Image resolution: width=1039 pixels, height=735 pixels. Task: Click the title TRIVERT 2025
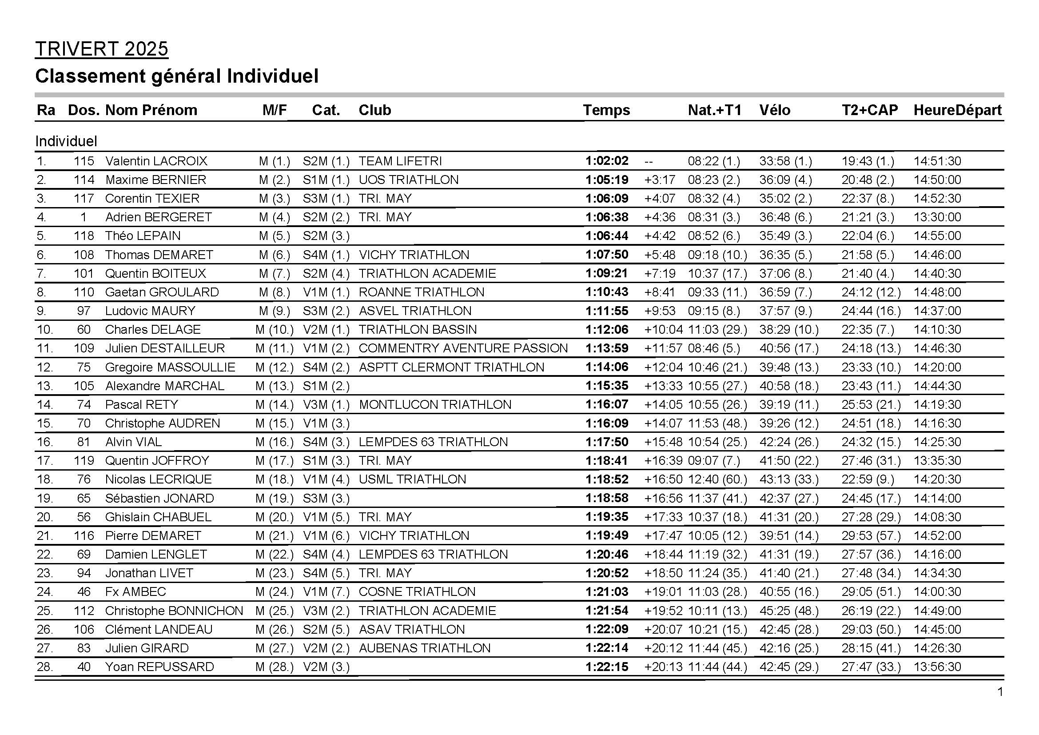101,49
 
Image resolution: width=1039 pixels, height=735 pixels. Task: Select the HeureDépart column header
958,110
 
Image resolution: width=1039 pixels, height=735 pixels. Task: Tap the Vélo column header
775,110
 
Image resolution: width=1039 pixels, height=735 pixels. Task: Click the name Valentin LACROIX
156,161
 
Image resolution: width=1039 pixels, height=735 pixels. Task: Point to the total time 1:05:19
606,180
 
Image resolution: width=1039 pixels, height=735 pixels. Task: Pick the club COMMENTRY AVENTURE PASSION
463,348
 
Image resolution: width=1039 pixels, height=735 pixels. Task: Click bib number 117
84,198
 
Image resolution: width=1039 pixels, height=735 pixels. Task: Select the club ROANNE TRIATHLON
421,292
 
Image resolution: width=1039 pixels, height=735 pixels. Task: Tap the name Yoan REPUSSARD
159,667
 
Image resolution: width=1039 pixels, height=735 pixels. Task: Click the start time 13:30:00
937,217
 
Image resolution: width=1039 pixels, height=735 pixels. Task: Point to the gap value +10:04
663,329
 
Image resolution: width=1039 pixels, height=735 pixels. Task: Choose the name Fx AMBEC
135,591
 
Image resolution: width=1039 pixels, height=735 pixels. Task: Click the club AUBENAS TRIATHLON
425,648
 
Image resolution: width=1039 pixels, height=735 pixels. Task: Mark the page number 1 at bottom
1000,692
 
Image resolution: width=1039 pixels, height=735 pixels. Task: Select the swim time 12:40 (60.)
717,479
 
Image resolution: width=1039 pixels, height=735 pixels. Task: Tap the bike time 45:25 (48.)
789,611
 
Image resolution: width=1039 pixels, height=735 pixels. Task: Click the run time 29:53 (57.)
871,535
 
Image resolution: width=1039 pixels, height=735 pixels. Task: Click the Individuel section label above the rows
66,141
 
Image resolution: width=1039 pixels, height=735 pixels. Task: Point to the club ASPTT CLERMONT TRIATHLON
451,367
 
